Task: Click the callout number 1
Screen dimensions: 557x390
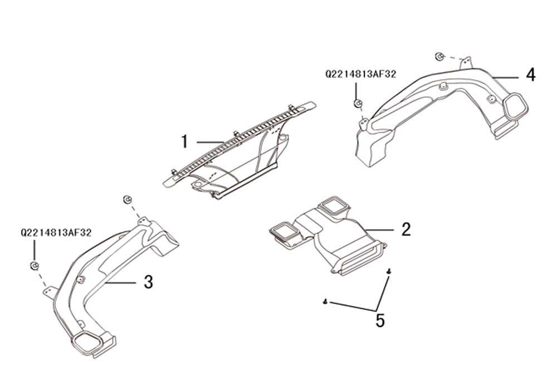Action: tap(184, 142)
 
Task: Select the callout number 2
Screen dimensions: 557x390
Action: tap(406, 230)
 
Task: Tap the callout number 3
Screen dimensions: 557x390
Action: tap(149, 282)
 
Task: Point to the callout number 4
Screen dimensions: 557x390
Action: tap(531, 75)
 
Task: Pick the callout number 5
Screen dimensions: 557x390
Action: tap(380, 321)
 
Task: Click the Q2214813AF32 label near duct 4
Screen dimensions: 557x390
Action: tap(360, 74)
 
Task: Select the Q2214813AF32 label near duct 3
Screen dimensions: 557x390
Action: tap(56, 233)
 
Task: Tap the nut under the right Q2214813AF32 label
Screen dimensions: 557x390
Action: tap(358, 104)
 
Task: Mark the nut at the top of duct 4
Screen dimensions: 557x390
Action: tap(439, 56)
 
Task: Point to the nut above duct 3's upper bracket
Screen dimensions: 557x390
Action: tap(126, 199)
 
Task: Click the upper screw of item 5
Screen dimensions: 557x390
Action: tap(389, 271)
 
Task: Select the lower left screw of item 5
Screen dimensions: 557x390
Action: tap(325, 302)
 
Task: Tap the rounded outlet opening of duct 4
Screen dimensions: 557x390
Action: tap(515, 106)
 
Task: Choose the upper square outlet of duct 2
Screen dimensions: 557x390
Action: tap(334, 206)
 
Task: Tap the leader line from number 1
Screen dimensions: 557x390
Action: tap(211, 143)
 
